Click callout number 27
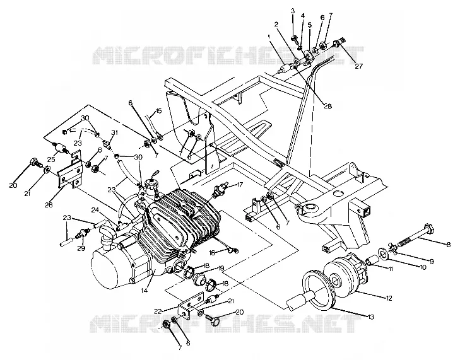point(359,66)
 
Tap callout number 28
point(327,107)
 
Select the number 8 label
point(448,245)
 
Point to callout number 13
point(371,317)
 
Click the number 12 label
point(389,298)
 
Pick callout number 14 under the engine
point(144,290)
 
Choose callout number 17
point(240,185)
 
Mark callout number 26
point(49,205)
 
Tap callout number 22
point(158,311)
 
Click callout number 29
point(81,248)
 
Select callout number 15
point(158,111)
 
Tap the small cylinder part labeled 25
point(61,147)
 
